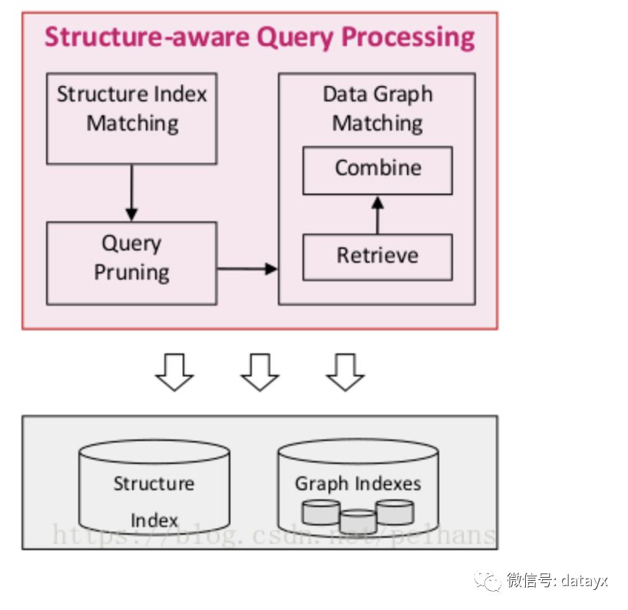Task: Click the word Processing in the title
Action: coord(408,38)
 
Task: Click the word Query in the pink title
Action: coord(295,38)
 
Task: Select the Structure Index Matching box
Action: coord(132,118)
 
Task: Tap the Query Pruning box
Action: coord(132,264)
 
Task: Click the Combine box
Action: coord(378,171)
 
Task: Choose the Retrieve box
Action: coord(378,257)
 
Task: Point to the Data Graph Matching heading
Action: coord(378,108)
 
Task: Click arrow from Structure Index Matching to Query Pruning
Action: coord(132,193)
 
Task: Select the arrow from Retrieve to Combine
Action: coord(377,215)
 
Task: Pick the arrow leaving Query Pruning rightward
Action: coord(247,269)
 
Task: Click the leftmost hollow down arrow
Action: coord(174,372)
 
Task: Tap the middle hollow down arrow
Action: coord(260,372)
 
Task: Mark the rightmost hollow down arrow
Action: coord(345,372)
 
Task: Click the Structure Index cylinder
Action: coord(154,487)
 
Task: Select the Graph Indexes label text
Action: coord(358,484)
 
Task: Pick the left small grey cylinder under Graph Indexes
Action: coord(321,512)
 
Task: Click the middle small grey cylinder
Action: coord(358,521)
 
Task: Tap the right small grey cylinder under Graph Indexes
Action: coord(395,512)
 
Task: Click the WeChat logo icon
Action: coord(488,581)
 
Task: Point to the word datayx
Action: coord(584,581)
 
